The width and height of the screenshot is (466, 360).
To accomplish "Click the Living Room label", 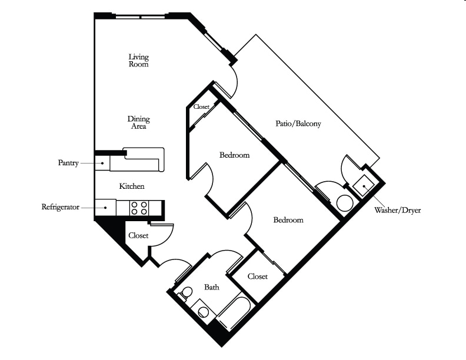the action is pos(138,61).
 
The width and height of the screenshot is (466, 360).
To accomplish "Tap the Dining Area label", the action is pos(138,122).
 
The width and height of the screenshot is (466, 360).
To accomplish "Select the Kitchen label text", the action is pos(132,186).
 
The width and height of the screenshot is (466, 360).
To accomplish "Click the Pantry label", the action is pos(68,163).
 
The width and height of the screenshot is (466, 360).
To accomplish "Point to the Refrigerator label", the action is pos(61,206).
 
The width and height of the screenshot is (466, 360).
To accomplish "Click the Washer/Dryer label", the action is pos(397,211).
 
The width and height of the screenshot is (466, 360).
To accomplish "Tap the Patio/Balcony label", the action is pos(298,124).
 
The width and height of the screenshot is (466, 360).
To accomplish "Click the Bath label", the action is pos(212,287).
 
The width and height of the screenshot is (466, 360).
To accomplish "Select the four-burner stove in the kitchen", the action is pos(139,208).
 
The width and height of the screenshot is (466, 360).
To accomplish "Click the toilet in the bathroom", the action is pos(185,293).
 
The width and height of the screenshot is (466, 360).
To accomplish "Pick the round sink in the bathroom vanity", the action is pos(203,312).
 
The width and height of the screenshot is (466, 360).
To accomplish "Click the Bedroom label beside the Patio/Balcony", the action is pos(235,155).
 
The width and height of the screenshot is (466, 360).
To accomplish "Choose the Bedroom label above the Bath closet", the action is pos(288,220).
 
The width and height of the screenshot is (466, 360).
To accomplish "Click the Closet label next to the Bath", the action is pos(257,276).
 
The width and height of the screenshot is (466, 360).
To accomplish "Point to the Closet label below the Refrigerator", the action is pos(138,235).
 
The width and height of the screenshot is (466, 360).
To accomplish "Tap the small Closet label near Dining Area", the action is pos(201,106).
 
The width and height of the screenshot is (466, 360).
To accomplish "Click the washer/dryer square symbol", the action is pos(364,186).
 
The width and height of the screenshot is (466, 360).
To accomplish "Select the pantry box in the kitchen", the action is pos(102,163).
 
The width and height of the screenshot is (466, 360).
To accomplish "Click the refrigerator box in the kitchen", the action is pos(105,207).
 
